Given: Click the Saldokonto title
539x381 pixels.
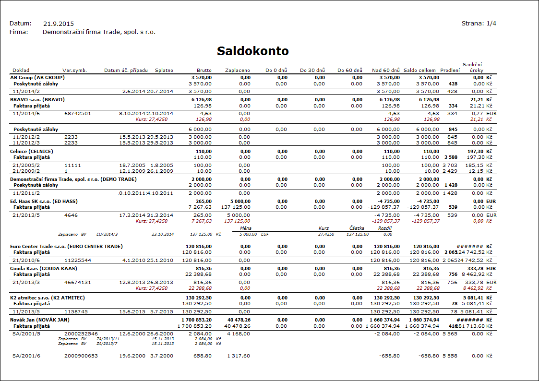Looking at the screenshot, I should pos(252,51).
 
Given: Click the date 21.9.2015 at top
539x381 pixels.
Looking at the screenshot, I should pos(59,24).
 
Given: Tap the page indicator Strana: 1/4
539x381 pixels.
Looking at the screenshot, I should pos(479,23).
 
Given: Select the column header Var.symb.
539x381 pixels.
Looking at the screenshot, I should pos(74,71).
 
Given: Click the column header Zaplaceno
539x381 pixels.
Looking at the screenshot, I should pos(238,71).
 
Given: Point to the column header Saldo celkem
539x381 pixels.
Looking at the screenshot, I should pos(420,71).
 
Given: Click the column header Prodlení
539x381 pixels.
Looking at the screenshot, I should pos(450,71).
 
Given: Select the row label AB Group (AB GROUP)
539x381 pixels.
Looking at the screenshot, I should pos(37,77).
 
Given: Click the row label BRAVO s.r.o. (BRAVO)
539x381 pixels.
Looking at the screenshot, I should pos(37,99).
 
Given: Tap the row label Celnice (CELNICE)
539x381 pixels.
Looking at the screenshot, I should pos(31,151).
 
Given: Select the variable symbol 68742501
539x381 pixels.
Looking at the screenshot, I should pos(78,114).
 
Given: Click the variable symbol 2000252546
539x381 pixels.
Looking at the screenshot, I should pos(81,333).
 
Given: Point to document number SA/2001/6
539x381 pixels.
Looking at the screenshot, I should pos(26,356).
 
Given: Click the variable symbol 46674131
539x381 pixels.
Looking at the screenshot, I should pos(78,283).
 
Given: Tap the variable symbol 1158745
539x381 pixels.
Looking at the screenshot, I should pos(76,311).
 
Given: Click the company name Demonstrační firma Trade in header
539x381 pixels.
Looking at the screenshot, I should pos(99,32).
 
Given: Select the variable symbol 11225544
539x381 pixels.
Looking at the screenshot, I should pos(78,260).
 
